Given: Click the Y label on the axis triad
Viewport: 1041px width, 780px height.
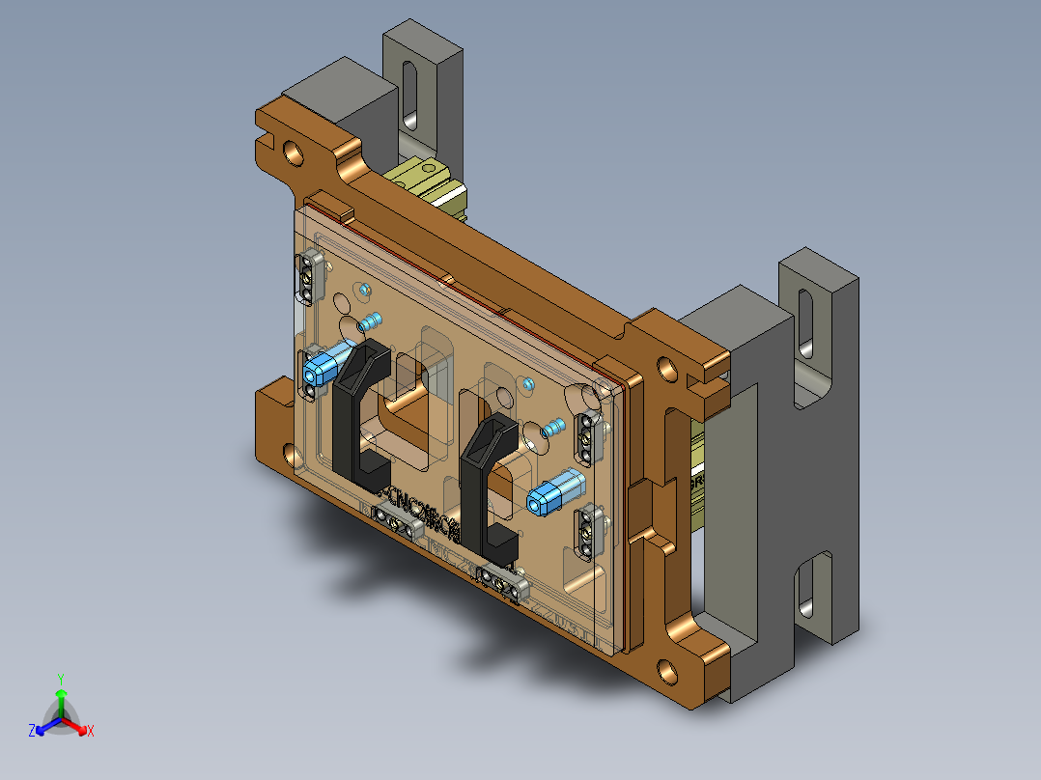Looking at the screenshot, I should [x=60, y=679].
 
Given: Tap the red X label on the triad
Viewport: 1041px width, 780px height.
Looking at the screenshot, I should [x=91, y=732].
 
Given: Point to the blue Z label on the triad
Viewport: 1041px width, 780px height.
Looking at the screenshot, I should [x=32, y=732].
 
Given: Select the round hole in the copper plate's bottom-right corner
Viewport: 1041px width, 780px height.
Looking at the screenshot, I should [x=667, y=668].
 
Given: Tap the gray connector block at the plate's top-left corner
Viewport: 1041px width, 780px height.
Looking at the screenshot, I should [x=310, y=274].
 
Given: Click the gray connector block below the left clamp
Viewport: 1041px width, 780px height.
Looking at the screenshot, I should [x=399, y=519].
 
